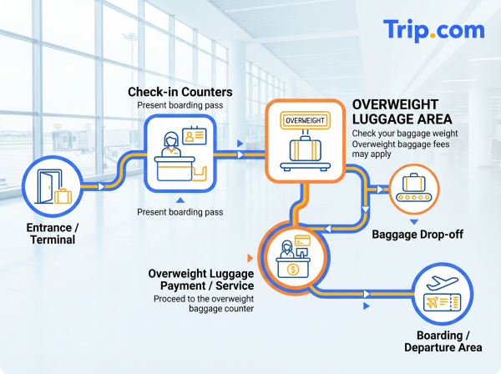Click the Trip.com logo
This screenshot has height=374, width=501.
pos(433,30)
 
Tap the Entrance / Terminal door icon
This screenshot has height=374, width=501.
pos(51,189)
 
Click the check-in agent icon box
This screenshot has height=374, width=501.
pos(180,152)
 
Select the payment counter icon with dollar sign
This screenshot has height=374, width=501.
pos(293,260)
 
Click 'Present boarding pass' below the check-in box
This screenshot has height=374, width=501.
pos(180,212)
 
